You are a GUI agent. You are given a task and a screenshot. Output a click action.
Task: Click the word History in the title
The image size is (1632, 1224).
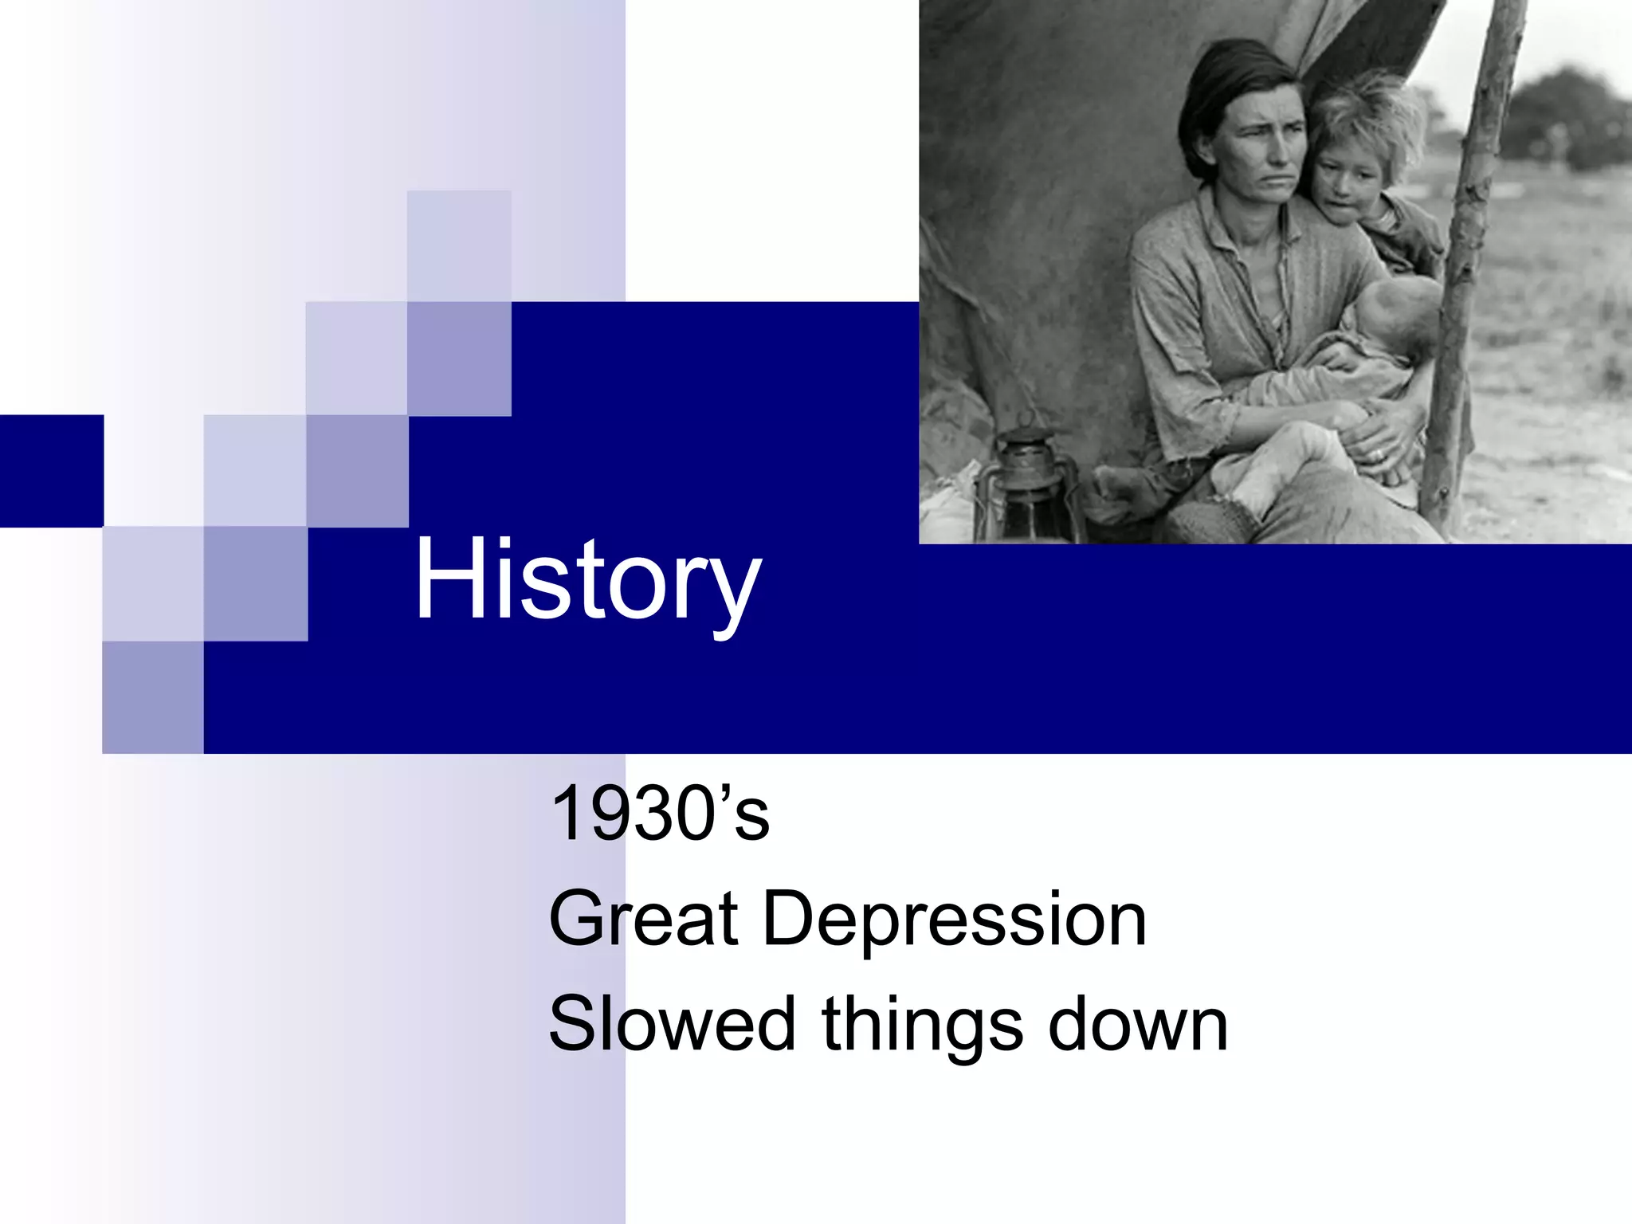click(587, 579)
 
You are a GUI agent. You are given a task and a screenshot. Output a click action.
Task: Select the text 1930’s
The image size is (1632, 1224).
click(660, 813)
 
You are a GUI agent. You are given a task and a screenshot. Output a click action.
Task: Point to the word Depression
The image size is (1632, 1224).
click(955, 920)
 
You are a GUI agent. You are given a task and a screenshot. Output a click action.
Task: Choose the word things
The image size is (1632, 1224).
click(922, 1026)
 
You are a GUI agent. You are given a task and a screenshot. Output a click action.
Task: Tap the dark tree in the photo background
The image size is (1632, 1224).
click(1566, 120)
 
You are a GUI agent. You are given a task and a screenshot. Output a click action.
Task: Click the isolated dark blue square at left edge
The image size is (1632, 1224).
click(52, 470)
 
